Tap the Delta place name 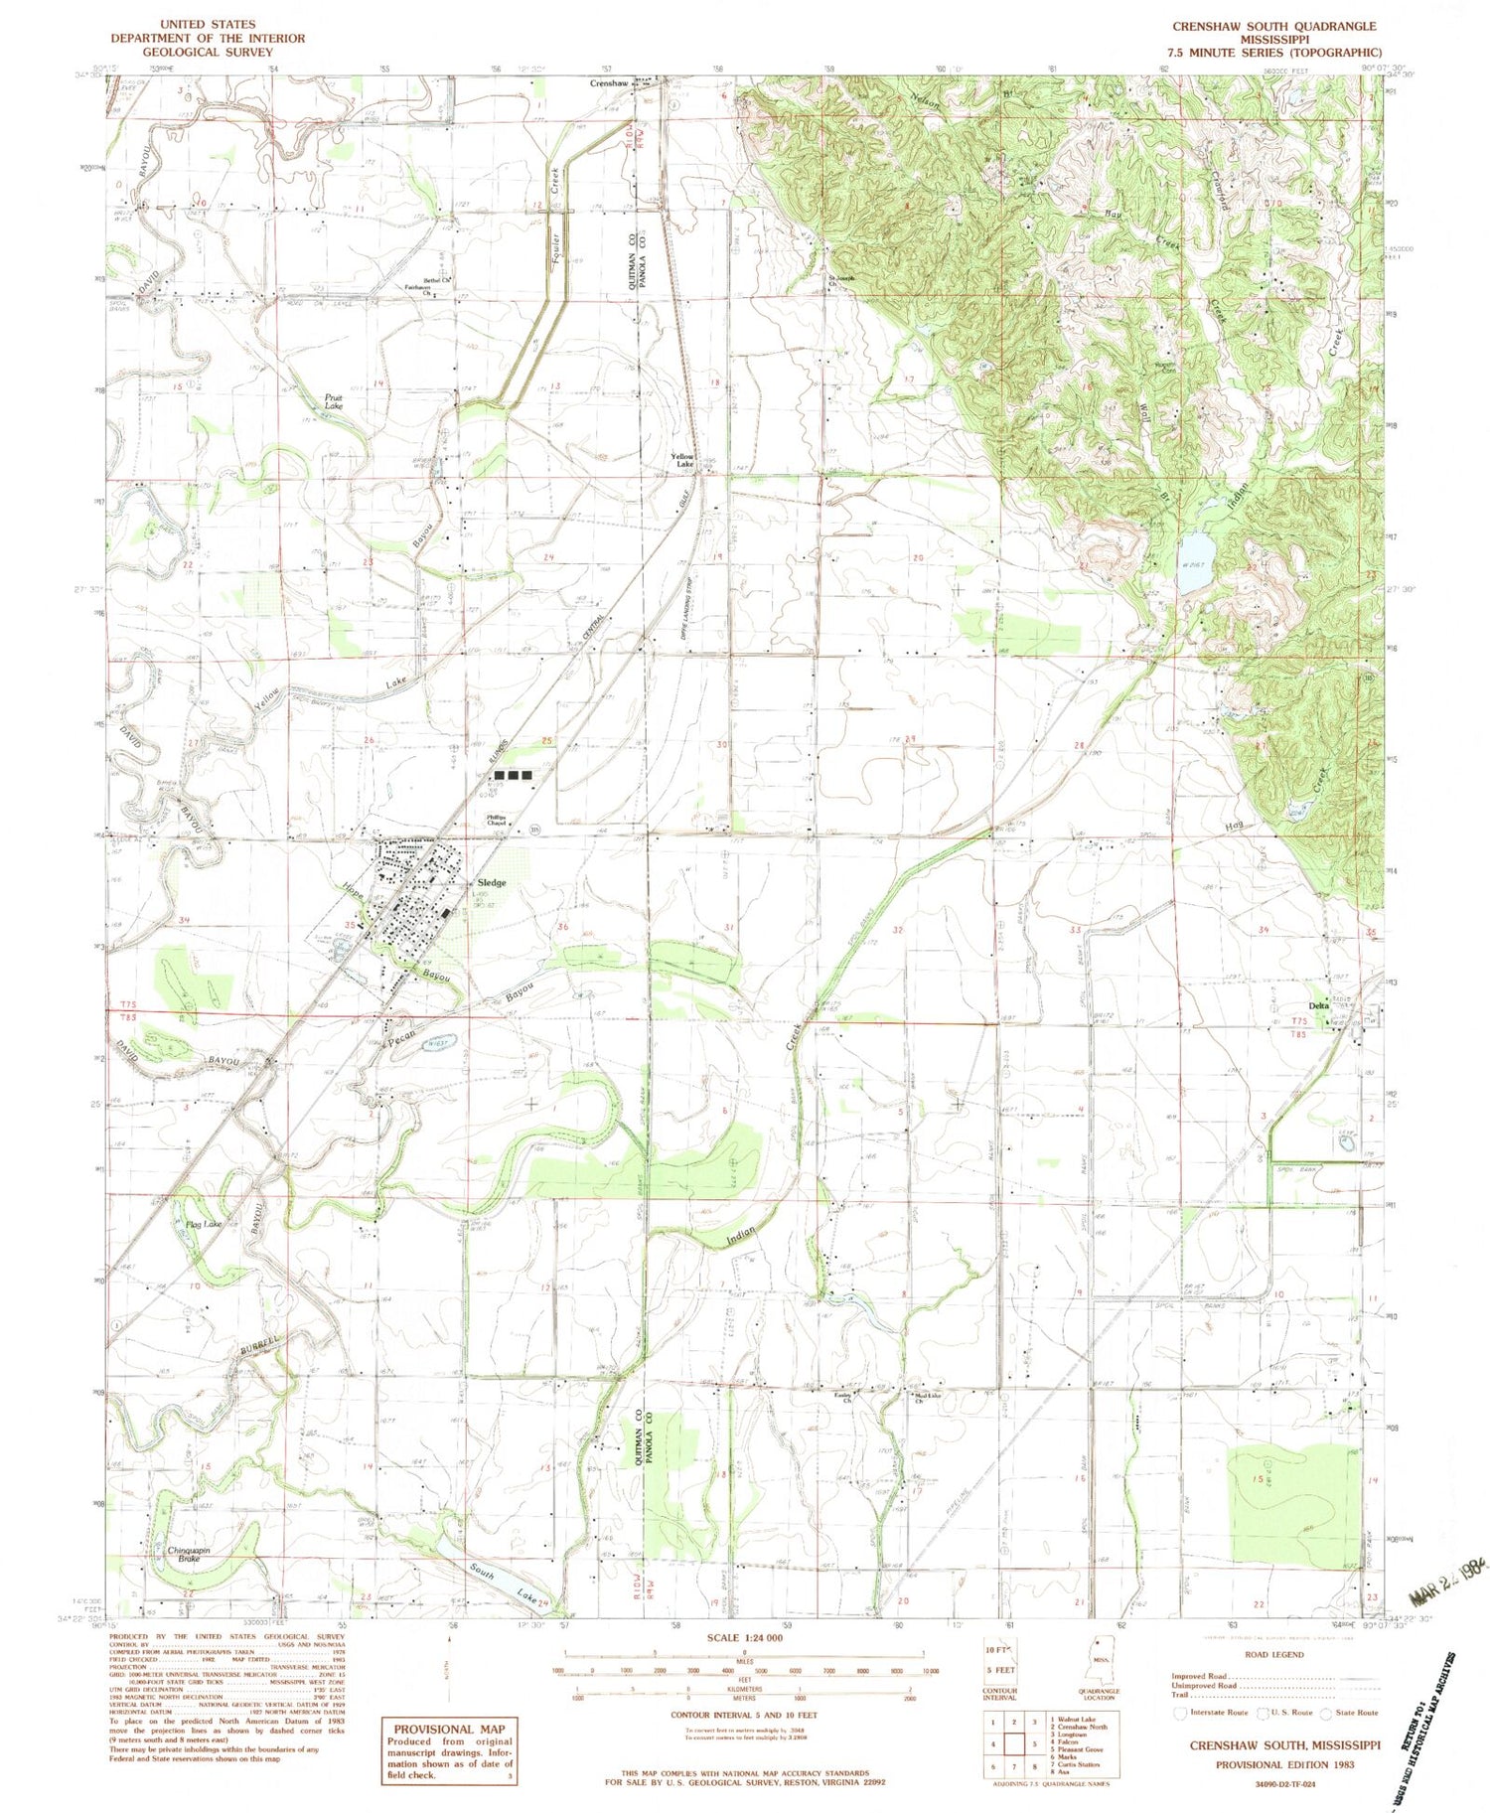coord(1318,1005)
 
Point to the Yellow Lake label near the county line coord(684,461)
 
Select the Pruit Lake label coord(334,402)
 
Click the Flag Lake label coord(203,1224)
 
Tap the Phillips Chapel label coord(497,821)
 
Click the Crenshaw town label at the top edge coord(609,84)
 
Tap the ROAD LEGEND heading coord(1271,1654)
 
